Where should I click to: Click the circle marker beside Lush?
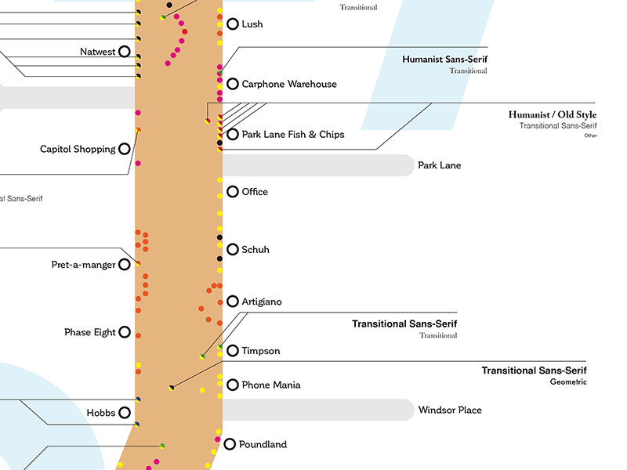coord(232,24)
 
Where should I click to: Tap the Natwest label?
coord(98,52)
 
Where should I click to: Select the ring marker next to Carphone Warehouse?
coord(232,84)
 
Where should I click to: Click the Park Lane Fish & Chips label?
coord(292,135)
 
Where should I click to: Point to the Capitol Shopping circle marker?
coord(124,149)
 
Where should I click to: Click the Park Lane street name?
coord(439,165)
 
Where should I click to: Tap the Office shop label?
coord(255,192)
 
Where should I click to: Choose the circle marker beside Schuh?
coord(232,250)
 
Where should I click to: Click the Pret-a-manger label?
coord(83,265)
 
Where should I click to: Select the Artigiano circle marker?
coord(232,302)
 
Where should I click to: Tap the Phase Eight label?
coord(89,332)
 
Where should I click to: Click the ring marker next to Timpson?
coord(232,351)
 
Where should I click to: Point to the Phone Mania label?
coord(270,385)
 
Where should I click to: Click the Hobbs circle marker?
coord(124,413)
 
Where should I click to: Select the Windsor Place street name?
coord(450,410)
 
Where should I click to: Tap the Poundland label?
coord(263,444)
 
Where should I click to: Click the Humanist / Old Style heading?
coord(552,115)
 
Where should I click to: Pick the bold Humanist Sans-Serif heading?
coord(444,60)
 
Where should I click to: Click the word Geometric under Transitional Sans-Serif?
coord(568,382)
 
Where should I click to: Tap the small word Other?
coord(590,136)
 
